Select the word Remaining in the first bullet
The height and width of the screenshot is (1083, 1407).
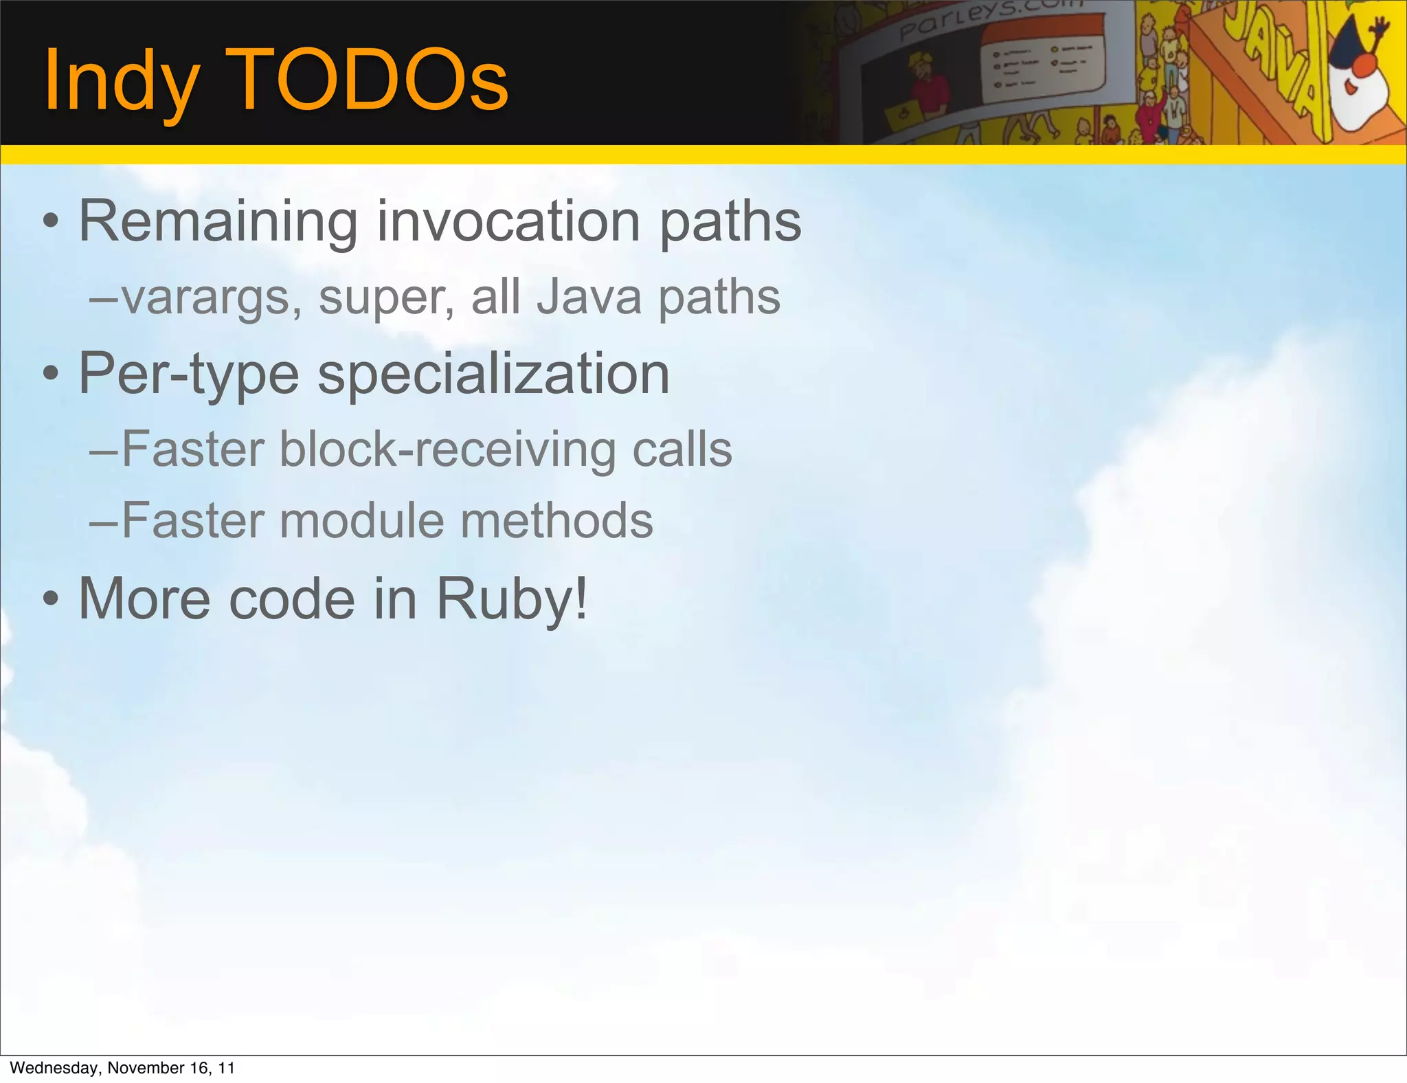tap(218, 221)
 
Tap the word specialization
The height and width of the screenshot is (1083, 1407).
tap(493, 375)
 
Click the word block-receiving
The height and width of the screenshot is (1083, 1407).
tap(447, 449)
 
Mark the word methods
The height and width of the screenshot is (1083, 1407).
tap(556, 520)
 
